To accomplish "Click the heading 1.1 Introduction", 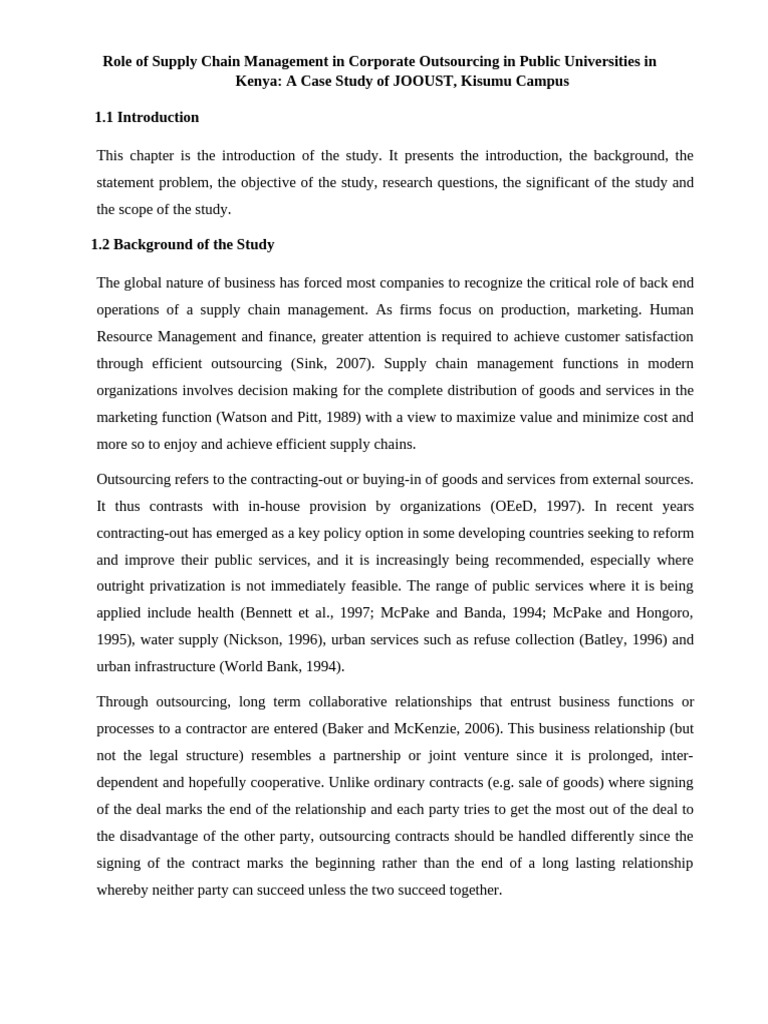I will tap(147, 118).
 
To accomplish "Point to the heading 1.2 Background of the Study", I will tap(183, 245).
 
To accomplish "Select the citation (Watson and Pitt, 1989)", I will tap(275, 417).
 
